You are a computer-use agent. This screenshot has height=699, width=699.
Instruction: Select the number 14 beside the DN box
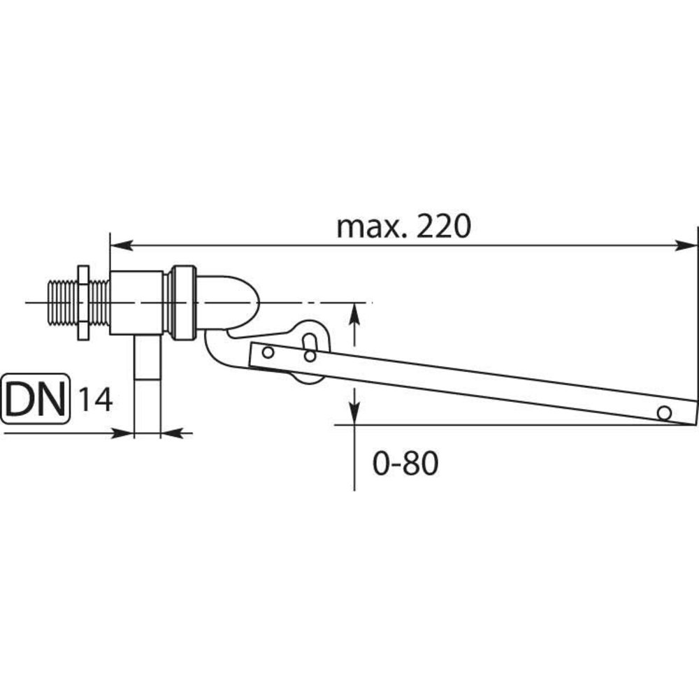coord(94,401)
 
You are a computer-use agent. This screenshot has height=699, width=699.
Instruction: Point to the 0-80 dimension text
coord(405,463)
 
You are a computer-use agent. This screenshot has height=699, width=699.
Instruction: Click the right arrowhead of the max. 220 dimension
coord(688,245)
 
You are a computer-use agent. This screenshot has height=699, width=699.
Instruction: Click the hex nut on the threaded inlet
coord(83,303)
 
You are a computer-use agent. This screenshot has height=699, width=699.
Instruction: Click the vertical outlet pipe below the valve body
coord(147,381)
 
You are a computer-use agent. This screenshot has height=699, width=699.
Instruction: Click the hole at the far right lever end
coord(663,412)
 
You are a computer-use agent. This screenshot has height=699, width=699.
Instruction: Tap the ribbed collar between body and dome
coord(184,302)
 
